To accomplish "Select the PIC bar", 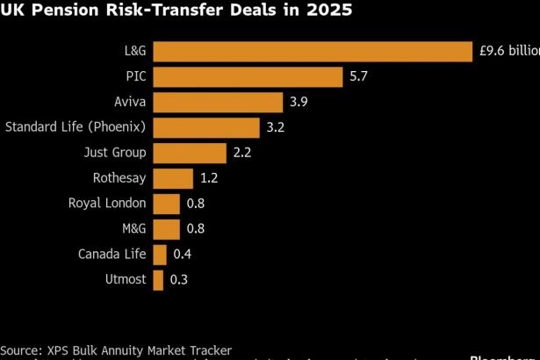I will [248, 77].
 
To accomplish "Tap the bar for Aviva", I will [218, 103].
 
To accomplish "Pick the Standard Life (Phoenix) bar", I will [206, 128].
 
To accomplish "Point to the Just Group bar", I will [190, 154].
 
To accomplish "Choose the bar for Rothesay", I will [173, 179].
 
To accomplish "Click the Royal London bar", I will [167, 205].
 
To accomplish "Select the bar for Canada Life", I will [160, 255].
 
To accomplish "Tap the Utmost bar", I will [158, 280].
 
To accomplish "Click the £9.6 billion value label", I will [509, 52].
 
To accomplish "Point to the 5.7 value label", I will [358, 77].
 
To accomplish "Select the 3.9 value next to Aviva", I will [299, 103].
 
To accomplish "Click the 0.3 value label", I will [179, 280].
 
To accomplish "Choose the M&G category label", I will [133, 230].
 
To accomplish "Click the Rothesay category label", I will [119, 179].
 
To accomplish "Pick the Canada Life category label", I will [112, 255].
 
